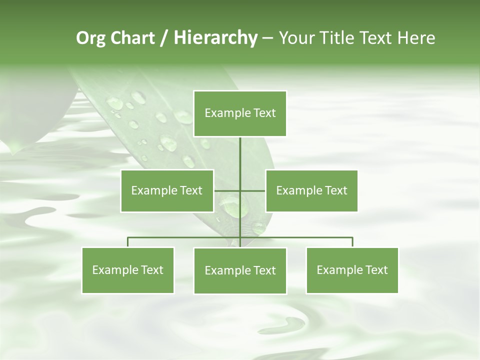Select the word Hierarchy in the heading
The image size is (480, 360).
click(x=215, y=38)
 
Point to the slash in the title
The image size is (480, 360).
click(x=164, y=38)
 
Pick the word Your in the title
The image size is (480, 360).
click(x=297, y=38)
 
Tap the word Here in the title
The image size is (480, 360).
click(x=416, y=38)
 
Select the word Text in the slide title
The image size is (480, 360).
click(x=376, y=38)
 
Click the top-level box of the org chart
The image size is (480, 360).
click(x=240, y=113)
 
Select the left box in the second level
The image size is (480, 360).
click(x=167, y=190)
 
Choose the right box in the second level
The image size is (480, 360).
click(x=311, y=190)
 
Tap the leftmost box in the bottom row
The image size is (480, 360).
click(x=128, y=270)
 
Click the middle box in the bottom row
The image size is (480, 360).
click(x=240, y=270)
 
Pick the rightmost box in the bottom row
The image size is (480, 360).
click(x=352, y=270)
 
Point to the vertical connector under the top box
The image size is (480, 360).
click(x=240, y=155)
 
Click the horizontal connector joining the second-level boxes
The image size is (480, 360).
click(x=227, y=190)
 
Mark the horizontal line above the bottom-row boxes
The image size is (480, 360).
click(x=300, y=237)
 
